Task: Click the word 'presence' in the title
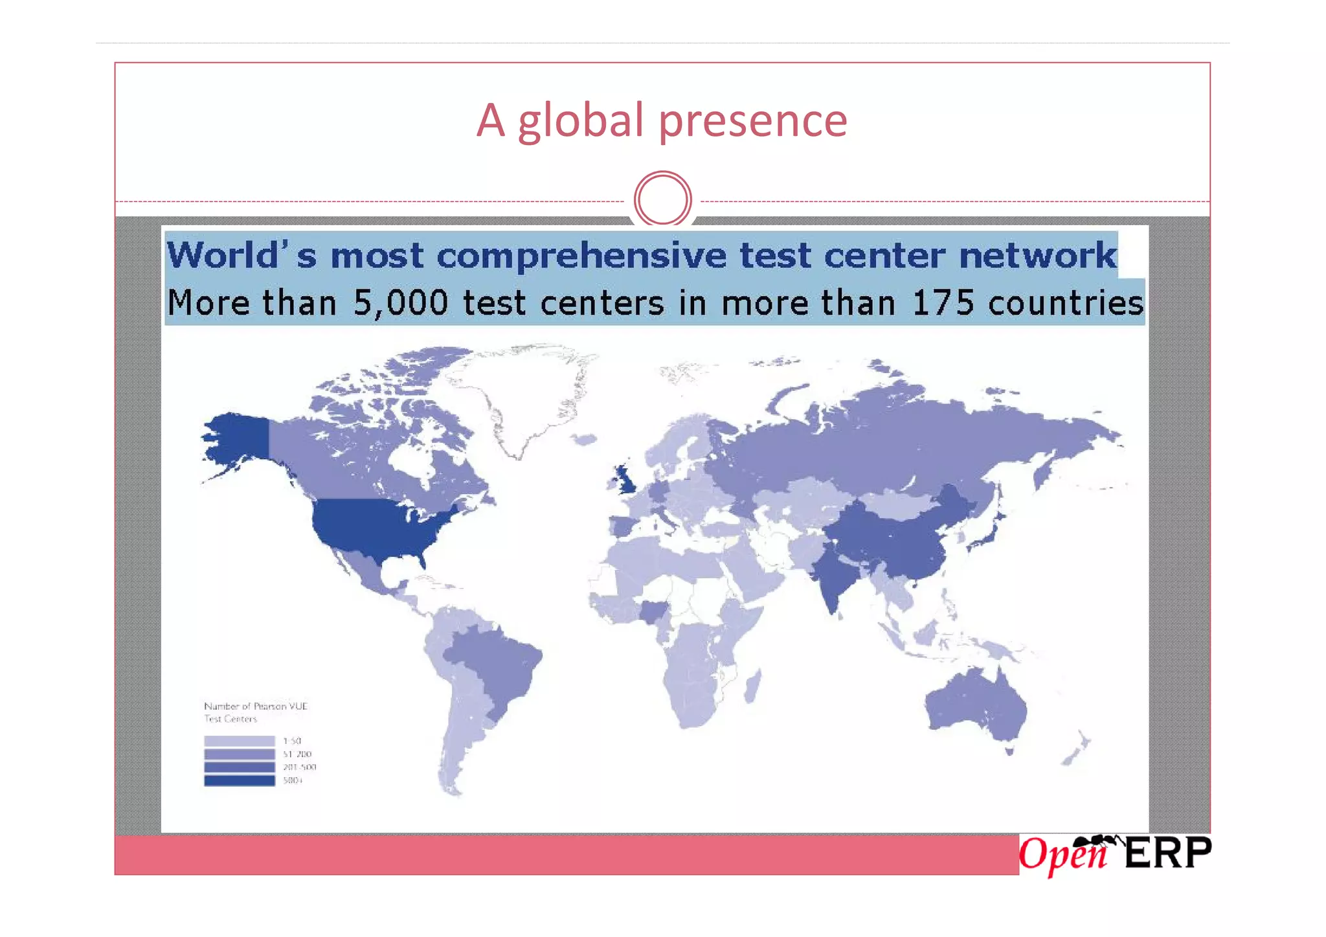tap(752, 121)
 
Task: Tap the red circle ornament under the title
tap(662, 199)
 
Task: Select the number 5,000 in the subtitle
tap(400, 303)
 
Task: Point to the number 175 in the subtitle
tap(942, 303)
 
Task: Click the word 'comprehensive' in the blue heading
tap(581, 256)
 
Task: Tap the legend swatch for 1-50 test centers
tap(239, 741)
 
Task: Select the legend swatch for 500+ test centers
tap(239, 780)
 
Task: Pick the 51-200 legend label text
tap(297, 754)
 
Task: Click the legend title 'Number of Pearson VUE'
tap(256, 706)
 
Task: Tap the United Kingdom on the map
tap(625, 479)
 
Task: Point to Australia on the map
tap(974, 706)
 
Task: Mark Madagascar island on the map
tap(752, 686)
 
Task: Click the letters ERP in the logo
tap(1167, 853)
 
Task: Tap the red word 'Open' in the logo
tap(1062, 855)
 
